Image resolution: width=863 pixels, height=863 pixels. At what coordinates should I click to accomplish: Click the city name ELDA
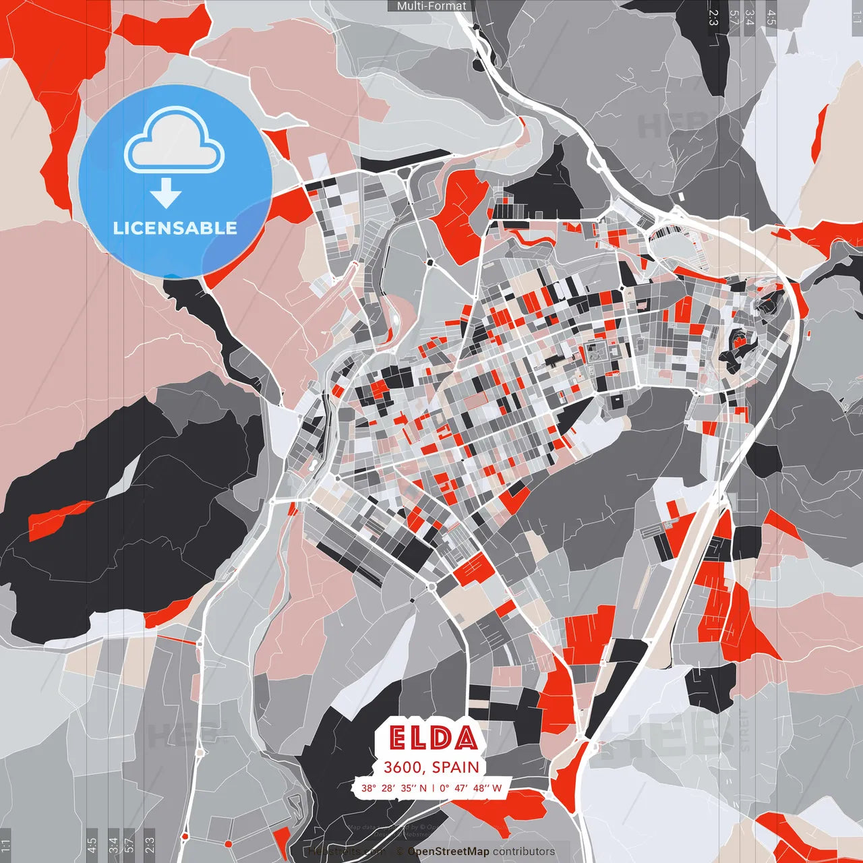[433, 738]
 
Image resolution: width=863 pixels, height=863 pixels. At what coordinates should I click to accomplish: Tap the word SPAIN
[455, 767]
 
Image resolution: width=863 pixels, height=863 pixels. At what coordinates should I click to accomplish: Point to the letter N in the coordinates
[423, 787]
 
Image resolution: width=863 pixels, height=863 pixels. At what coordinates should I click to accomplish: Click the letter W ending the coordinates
[497, 787]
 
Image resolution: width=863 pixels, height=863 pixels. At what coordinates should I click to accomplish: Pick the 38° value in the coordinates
[368, 787]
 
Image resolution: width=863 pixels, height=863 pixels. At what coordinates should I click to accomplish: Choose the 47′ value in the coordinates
[460, 787]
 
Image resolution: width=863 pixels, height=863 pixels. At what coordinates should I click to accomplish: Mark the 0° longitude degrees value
[444, 787]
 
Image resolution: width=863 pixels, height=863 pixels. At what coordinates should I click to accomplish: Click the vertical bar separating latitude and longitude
[433, 787]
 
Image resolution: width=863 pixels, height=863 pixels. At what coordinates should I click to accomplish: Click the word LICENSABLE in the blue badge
[175, 228]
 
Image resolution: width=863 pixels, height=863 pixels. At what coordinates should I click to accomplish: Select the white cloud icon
[175, 140]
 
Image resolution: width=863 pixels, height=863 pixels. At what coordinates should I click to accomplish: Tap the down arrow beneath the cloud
[166, 194]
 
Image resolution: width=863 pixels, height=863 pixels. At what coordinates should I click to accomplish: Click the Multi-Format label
[431, 6]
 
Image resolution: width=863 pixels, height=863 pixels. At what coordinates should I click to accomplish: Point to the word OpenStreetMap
[448, 852]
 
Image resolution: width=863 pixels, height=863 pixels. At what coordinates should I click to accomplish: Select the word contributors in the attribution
[524, 852]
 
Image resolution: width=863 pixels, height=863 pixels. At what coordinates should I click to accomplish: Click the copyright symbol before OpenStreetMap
[400, 852]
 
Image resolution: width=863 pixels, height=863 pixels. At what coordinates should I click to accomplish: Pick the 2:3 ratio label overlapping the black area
[713, 18]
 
